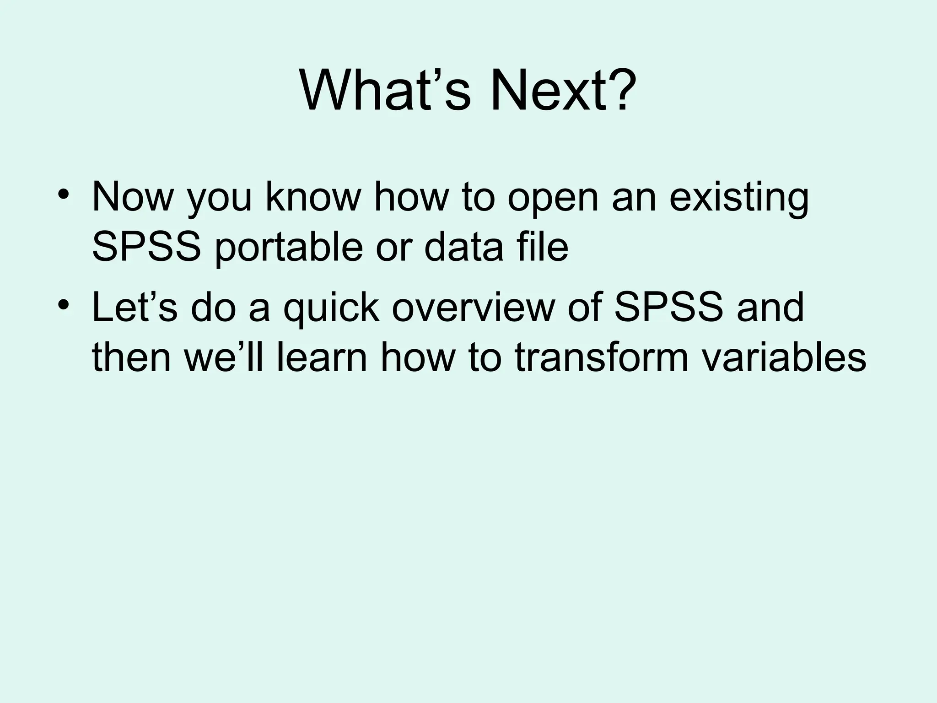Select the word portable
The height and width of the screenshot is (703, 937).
tap(289, 248)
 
